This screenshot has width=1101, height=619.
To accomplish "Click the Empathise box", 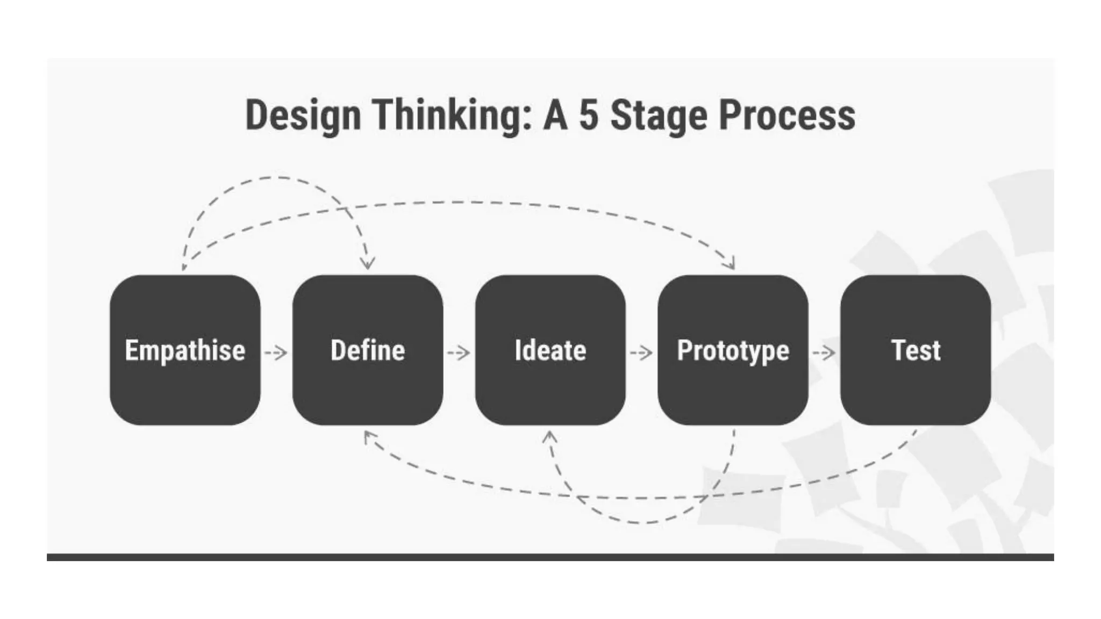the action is (185, 350).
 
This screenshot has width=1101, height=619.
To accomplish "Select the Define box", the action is (368, 350).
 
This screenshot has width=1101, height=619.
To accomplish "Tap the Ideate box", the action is (550, 350).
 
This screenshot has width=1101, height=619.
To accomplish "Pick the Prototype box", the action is (733, 350).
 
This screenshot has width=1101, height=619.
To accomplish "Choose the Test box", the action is (916, 350).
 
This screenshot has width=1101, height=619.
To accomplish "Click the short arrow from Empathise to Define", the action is (276, 353).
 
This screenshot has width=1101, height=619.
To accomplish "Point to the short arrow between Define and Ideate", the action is (459, 353).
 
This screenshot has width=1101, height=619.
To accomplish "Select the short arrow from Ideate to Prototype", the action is (641, 353).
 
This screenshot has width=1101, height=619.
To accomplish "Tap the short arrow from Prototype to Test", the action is (824, 353).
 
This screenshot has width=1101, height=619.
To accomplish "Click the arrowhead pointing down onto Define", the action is (368, 263).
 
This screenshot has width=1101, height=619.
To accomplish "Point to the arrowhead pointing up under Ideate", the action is (549, 436).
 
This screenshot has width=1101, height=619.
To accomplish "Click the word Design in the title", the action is (303, 116).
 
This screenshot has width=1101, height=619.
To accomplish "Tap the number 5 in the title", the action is (589, 116).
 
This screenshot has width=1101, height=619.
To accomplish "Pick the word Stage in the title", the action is (659, 116).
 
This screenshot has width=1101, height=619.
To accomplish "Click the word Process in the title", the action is (787, 116).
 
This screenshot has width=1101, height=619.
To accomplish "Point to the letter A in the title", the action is (555, 116).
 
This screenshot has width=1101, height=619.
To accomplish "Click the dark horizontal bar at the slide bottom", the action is (550, 557).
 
